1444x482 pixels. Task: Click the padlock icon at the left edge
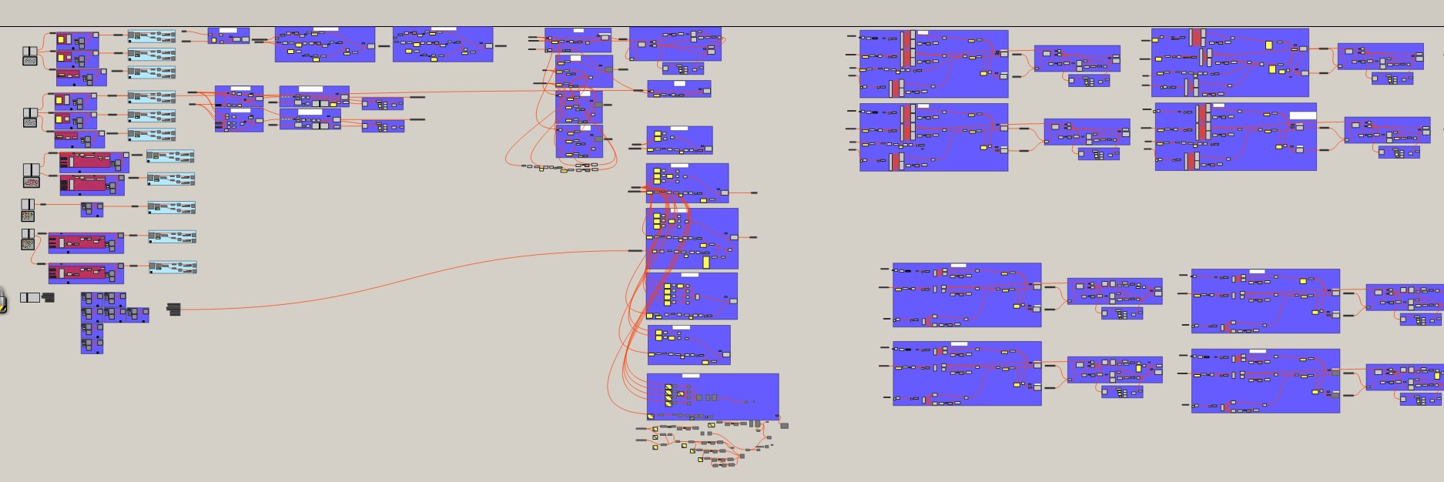point(2,301)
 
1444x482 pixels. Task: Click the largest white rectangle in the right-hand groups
point(1303,115)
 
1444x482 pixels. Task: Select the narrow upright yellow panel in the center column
point(706,262)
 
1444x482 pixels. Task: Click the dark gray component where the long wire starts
point(174,309)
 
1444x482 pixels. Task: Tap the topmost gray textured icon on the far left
point(29,60)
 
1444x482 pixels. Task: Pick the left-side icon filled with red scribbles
point(31,182)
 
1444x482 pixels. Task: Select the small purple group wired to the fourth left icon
point(92,209)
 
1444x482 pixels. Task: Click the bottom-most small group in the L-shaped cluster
point(92,346)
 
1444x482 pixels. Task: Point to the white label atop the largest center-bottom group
point(691,376)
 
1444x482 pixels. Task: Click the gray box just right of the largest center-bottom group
point(784,425)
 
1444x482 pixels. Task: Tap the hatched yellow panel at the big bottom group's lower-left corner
point(652,417)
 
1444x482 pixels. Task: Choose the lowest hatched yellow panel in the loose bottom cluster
point(701,460)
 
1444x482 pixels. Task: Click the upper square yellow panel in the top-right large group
point(1269,45)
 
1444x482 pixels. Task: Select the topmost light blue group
point(152,35)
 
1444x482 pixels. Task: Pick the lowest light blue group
point(173,267)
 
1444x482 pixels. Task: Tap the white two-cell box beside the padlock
point(30,297)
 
